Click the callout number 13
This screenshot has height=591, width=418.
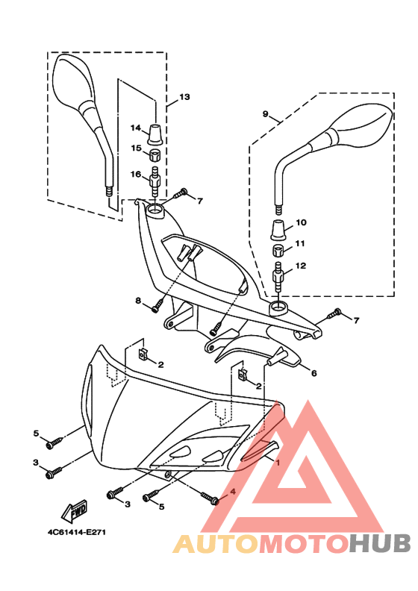[184, 97]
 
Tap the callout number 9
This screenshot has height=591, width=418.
[265, 113]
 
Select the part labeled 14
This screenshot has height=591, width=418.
[155, 134]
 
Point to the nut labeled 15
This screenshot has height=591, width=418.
[155, 155]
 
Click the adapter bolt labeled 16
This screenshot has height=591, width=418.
[155, 180]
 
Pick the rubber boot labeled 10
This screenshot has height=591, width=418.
[280, 229]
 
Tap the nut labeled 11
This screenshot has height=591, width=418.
[279, 251]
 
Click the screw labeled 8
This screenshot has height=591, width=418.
[157, 316]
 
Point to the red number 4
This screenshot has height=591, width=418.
[233, 492]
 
